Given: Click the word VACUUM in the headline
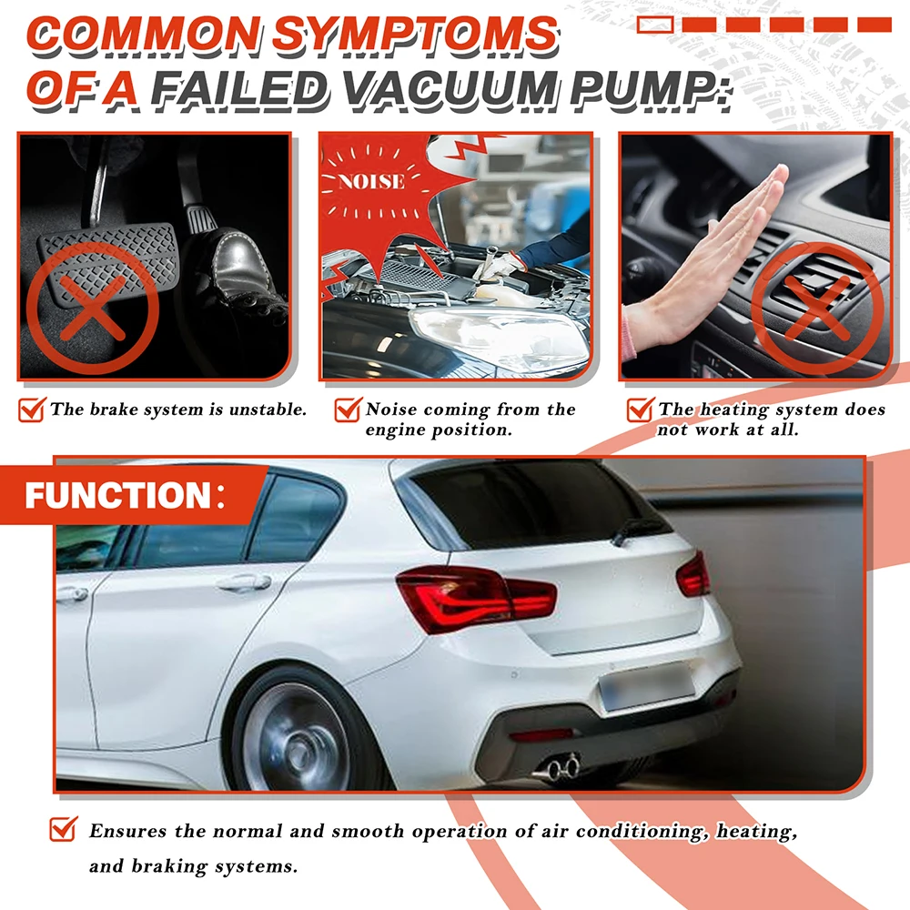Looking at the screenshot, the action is coord(450,89).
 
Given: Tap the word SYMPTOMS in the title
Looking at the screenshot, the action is coord(414,34).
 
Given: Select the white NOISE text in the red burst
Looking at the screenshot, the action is coord(371,182).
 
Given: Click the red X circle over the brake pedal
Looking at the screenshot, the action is coord(93,308).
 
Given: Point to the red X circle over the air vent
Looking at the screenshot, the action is coord(817,308).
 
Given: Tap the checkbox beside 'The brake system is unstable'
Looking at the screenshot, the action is coord(33,409).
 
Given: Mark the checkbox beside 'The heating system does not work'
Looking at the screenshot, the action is coord(641,409).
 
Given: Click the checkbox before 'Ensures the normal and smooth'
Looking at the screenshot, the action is coord(64,829).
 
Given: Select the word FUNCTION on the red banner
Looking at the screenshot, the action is coord(117,496).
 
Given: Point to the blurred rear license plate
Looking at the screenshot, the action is coord(646,687).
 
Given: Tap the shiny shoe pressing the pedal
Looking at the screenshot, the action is coord(244,273).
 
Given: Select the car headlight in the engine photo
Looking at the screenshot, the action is coord(499,337).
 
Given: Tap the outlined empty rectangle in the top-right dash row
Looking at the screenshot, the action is coord(655,25).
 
